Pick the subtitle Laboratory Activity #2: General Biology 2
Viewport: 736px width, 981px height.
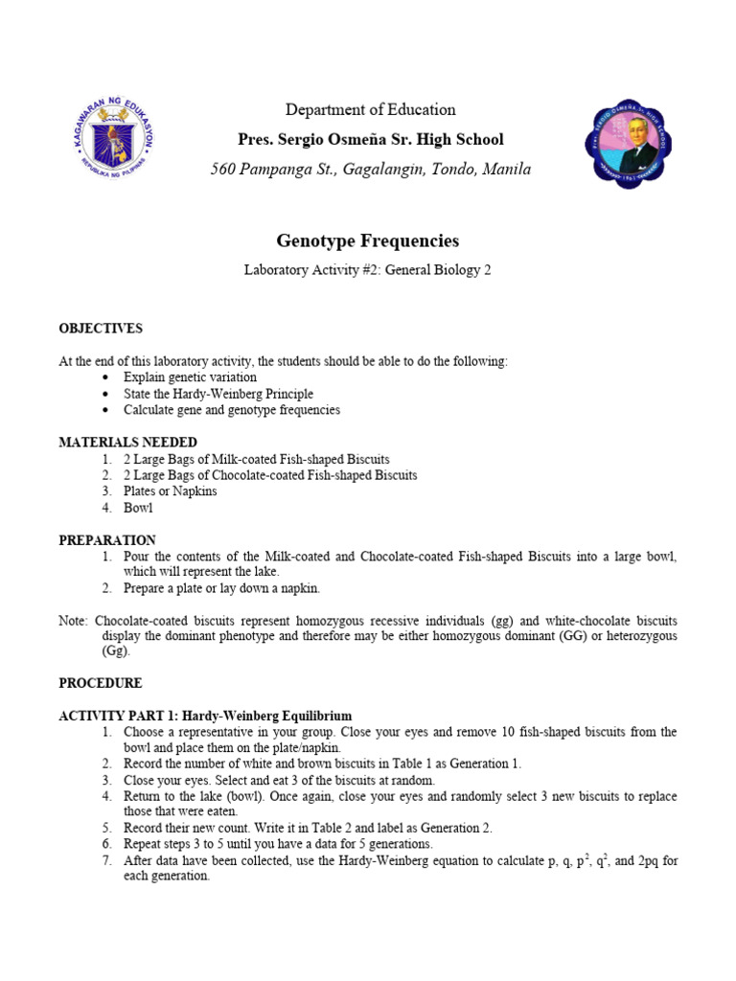[368, 270]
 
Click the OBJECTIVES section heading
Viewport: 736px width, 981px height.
[101, 329]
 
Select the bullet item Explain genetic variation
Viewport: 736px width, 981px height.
[190, 377]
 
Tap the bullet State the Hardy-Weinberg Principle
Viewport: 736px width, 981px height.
[218, 394]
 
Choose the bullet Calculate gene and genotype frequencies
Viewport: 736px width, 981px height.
[232, 410]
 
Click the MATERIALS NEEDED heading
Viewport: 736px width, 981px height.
[127, 443]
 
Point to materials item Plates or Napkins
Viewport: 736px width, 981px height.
[171, 491]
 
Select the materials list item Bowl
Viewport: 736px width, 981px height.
[138, 508]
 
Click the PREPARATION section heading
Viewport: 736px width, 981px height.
[107, 540]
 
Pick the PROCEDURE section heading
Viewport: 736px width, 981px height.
[101, 683]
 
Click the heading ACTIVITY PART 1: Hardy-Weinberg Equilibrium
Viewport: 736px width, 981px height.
[205, 716]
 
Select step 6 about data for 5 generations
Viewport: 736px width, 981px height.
[278, 844]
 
